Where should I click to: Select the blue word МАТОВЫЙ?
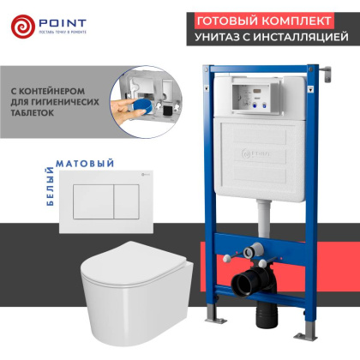(x=90, y=160)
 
